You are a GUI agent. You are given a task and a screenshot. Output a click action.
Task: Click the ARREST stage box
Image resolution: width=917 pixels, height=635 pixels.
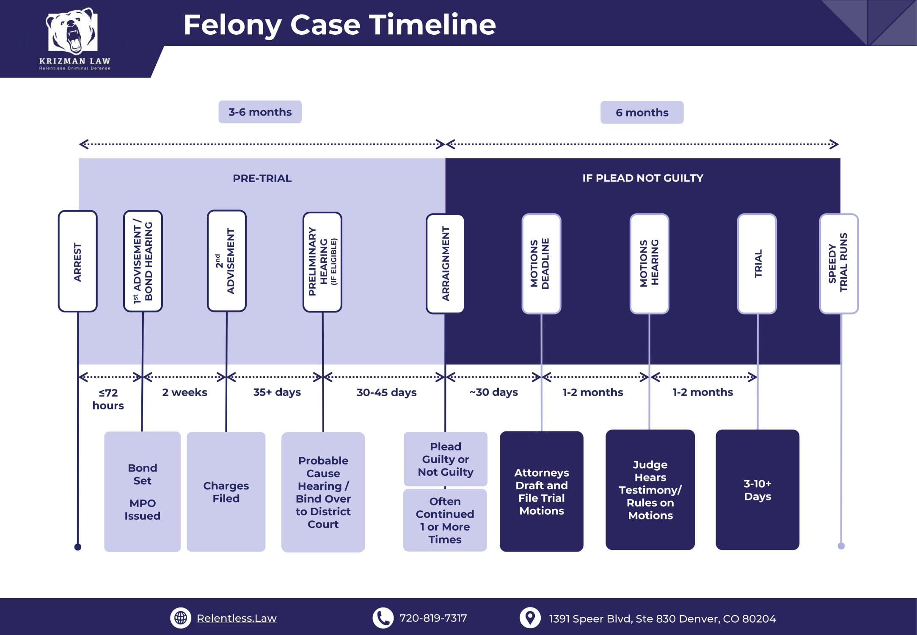(77, 261)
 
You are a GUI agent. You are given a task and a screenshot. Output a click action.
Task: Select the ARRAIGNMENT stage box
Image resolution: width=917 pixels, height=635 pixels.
(445, 264)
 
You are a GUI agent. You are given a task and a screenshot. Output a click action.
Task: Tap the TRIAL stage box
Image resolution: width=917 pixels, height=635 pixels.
(757, 264)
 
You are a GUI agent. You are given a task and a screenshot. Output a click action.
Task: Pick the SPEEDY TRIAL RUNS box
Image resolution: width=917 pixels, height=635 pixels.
(839, 264)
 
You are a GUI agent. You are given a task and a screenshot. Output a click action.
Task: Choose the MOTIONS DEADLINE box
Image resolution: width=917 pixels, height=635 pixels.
(541, 264)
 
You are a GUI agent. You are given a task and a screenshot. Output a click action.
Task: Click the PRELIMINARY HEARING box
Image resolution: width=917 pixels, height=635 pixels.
(322, 262)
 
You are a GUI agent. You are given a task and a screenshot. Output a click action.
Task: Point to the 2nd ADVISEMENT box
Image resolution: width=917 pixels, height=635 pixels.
(226, 261)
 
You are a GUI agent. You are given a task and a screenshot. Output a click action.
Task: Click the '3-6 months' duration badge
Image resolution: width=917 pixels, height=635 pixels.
(260, 112)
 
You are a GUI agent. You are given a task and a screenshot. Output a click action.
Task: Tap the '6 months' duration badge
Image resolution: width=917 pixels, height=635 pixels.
(642, 113)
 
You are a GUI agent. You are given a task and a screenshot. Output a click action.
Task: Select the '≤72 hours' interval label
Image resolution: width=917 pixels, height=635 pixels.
(108, 399)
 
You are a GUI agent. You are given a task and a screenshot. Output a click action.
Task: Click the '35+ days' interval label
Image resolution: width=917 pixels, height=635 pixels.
(277, 392)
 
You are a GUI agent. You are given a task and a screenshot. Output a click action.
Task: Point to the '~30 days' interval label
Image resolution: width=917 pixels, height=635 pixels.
(493, 392)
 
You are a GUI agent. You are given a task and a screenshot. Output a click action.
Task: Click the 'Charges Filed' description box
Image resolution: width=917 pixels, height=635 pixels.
(226, 491)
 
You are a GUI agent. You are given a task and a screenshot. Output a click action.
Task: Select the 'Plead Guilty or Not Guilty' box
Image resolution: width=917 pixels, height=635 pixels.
(446, 459)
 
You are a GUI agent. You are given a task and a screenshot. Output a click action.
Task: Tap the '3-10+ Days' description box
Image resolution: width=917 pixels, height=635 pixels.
(757, 490)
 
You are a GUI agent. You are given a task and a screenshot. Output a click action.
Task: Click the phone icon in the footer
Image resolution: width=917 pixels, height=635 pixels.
(383, 618)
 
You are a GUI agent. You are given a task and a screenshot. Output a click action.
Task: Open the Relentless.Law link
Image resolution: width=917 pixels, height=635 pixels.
(236, 618)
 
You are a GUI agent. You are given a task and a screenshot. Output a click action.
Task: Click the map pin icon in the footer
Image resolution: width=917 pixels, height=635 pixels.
(530, 618)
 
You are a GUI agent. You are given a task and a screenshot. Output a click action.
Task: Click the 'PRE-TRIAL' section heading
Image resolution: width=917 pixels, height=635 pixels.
(262, 178)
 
